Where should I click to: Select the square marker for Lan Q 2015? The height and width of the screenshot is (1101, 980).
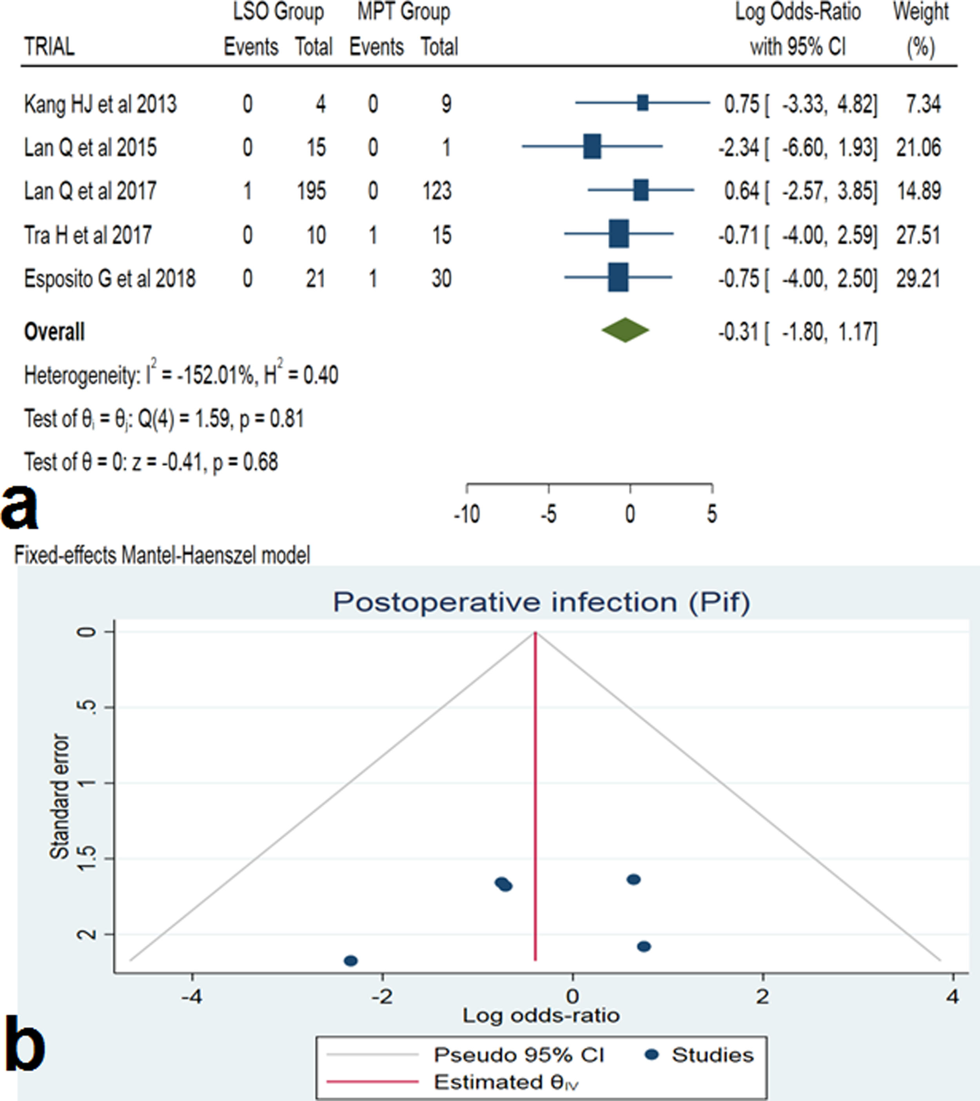592,147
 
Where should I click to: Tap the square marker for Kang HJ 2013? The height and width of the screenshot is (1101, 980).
642,103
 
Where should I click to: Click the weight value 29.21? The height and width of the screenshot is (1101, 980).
918,278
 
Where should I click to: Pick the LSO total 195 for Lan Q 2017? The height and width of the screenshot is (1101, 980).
311,190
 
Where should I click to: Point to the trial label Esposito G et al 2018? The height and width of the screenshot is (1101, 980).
110,278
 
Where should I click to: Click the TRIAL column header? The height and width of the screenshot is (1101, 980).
49,47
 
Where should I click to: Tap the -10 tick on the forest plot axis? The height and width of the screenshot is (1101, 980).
466,514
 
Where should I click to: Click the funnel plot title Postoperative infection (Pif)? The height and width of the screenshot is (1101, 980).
541,602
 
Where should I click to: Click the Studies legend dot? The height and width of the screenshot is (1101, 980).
652,1055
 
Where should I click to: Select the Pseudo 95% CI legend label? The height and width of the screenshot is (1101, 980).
519,1055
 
